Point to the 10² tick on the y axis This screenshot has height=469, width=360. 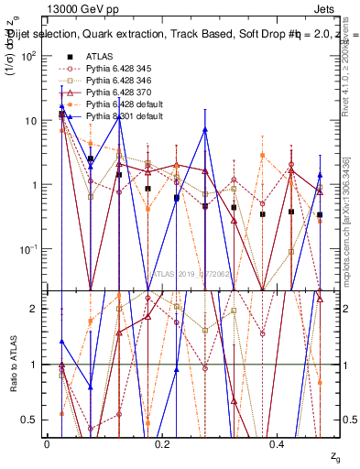(29, 56)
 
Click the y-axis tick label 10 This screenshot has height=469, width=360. (32, 121)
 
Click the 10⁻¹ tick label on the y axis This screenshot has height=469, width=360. (29, 249)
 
